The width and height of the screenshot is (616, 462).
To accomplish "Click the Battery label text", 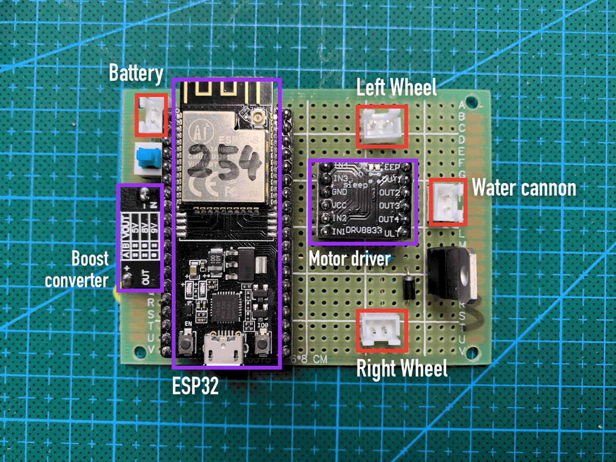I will [x=136, y=74].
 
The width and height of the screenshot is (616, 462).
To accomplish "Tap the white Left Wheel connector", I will [x=382, y=126].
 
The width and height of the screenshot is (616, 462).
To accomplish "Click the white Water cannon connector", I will [x=448, y=201].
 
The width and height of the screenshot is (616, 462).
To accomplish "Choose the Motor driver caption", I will [x=349, y=258].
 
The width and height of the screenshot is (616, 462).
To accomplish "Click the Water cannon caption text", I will [x=524, y=188].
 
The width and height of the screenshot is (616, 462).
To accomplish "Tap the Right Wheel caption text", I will [x=401, y=368].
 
